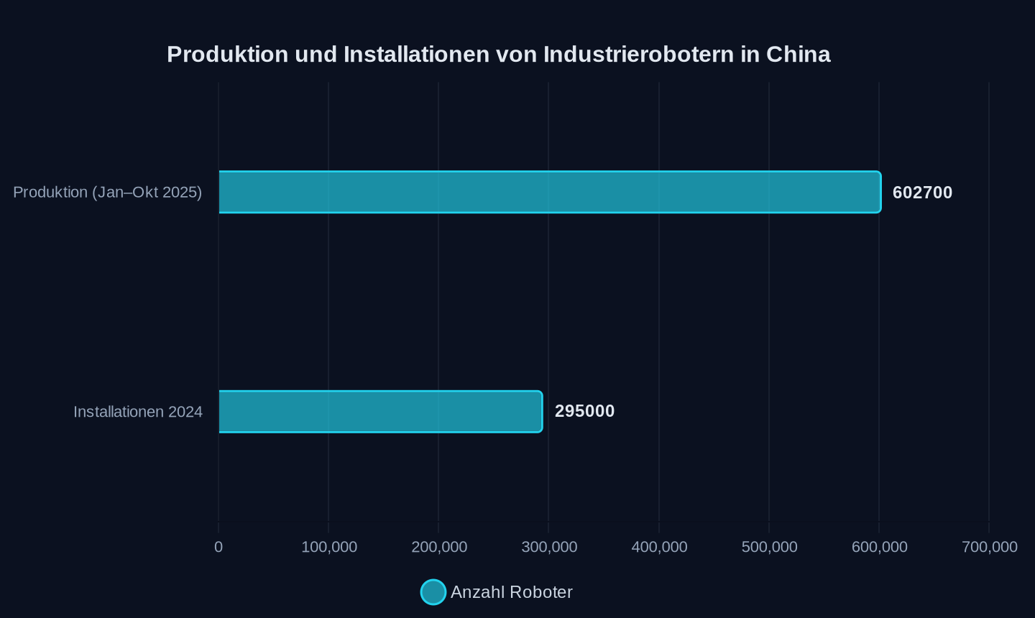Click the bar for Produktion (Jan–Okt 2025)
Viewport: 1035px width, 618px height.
coord(550,192)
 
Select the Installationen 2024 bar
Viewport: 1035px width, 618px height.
coord(380,412)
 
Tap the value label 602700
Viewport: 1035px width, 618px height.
coord(922,193)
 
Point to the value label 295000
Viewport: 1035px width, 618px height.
coord(584,411)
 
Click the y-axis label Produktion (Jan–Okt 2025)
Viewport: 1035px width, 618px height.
coord(108,192)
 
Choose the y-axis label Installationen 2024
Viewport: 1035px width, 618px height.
coord(138,412)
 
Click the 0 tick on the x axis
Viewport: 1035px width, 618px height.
coord(218,547)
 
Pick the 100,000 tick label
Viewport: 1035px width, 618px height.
coord(329,547)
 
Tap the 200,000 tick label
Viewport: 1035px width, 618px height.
coord(439,547)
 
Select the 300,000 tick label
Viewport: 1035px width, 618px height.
coord(549,547)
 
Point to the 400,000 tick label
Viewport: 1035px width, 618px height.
coord(659,547)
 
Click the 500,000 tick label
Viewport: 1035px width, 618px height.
coord(769,547)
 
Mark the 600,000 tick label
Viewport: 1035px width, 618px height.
coord(879,547)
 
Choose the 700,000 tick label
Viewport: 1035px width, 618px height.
coord(989,547)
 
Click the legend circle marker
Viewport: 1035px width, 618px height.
coord(433,592)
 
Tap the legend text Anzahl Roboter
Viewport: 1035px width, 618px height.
coord(512,592)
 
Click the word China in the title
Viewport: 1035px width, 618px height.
coord(799,55)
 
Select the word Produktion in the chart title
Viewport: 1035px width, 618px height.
coord(228,55)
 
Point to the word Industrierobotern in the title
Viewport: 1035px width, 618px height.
coord(638,55)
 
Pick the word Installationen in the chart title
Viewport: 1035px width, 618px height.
coord(416,55)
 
